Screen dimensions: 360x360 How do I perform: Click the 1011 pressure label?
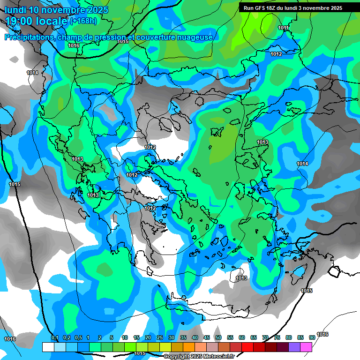tap(283, 28)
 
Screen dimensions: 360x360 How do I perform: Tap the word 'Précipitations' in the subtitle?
tap(29, 37)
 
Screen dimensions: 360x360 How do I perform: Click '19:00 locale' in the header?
tap(37, 21)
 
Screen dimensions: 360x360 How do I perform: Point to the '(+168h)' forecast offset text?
tap(83, 21)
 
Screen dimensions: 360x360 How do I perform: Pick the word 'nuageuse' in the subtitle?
tap(197, 37)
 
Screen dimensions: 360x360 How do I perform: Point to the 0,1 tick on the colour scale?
tap(54, 338)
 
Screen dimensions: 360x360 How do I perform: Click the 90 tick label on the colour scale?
tap(312, 338)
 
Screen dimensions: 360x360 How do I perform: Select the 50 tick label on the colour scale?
tap(218, 338)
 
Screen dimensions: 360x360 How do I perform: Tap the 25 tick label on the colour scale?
tap(160, 338)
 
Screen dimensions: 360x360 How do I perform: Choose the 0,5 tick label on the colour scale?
tap(78, 338)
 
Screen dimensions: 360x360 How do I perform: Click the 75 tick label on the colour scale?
tap(277, 338)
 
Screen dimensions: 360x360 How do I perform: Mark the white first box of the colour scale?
tap(48, 347)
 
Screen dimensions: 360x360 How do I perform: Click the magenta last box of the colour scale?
tap(306, 347)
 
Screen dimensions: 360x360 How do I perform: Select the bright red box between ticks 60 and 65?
tap(247, 347)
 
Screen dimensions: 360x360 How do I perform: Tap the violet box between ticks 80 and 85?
tap(294, 347)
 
